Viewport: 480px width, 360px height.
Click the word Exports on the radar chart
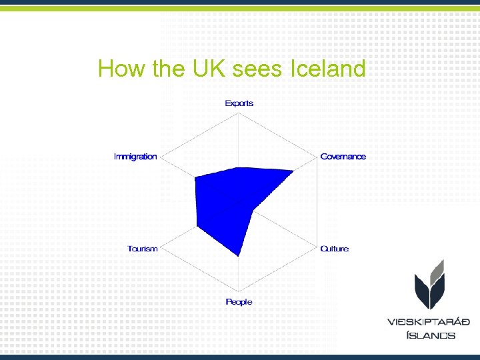[x=239, y=103]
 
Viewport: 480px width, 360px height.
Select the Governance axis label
[x=343, y=157]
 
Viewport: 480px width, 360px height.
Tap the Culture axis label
[x=334, y=249]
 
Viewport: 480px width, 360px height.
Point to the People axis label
[x=239, y=302]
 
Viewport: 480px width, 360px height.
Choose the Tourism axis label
[x=143, y=249]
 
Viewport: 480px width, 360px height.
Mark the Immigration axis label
[x=135, y=157]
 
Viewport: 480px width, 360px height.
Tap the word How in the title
[x=121, y=69]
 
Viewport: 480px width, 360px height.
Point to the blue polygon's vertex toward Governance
[x=293, y=171]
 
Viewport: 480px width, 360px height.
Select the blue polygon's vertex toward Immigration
[x=195, y=178]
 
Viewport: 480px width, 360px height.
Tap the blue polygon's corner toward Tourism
[x=197, y=227]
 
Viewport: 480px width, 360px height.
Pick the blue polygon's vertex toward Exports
[x=239, y=167]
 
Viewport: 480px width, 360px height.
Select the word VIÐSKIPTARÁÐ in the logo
[x=429, y=322]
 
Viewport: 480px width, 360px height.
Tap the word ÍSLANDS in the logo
[x=431, y=335]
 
